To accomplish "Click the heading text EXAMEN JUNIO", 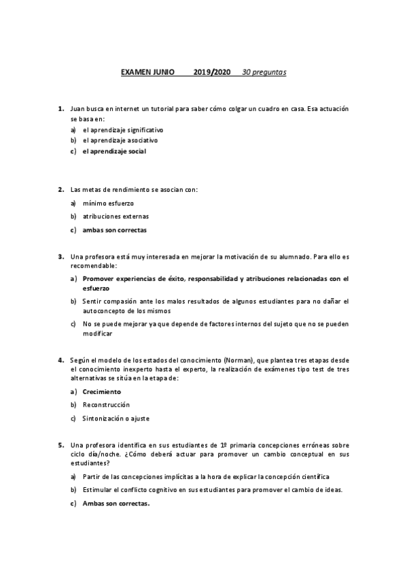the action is click(x=147, y=71).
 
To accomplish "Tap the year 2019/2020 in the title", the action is click(x=212, y=71).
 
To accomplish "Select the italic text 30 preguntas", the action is click(x=264, y=71).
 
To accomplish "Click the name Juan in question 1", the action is click(x=77, y=108).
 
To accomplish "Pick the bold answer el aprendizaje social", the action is click(x=114, y=151).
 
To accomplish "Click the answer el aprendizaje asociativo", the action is click(x=120, y=140).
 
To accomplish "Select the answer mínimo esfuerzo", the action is click(x=108, y=203).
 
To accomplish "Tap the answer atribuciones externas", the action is click(x=116, y=216).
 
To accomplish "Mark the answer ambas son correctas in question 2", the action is click(x=114, y=230).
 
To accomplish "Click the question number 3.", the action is click(x=60, y=257).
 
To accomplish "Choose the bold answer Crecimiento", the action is click(x=101, y=392).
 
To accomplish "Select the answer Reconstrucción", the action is click(x=106, y=405).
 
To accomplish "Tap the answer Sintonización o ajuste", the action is click(x=116, y=418).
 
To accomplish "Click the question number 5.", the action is click(x=60, y=445).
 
